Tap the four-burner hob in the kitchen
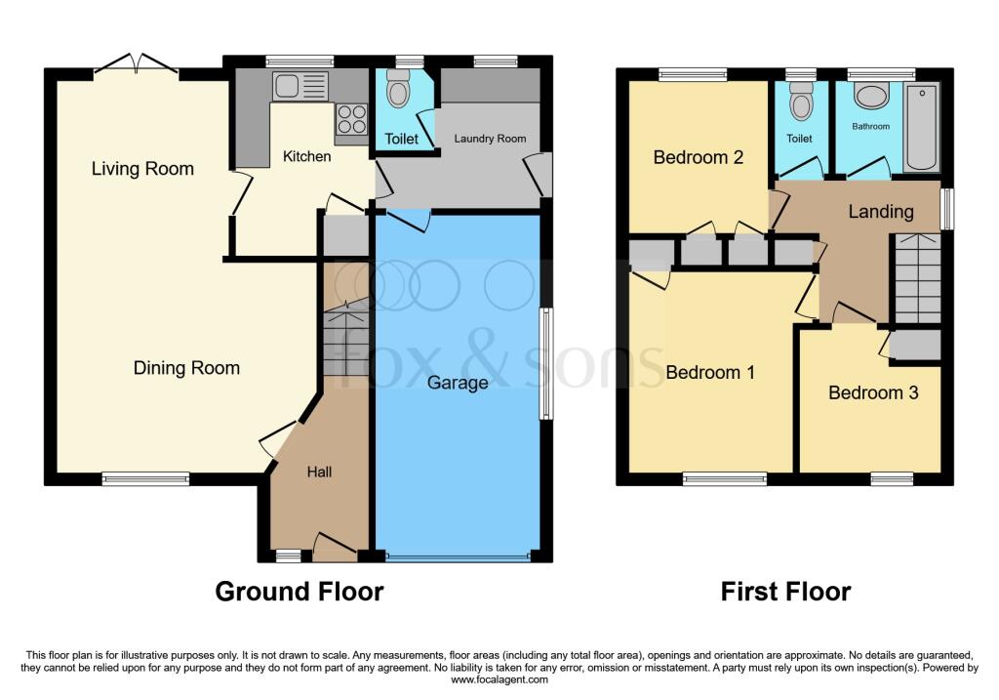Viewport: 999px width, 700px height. (351, 119)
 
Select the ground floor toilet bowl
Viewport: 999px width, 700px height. (398, 90)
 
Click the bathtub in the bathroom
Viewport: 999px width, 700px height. (920, 128)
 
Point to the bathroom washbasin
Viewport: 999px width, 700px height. (870, 96)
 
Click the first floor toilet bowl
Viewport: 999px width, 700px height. (800, 101)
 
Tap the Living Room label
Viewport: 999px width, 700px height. (142, 169)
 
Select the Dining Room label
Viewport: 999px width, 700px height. (186, 368)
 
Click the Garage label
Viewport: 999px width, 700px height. (458, 383)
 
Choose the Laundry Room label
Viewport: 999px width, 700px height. (490, 139)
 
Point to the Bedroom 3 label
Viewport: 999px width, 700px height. (873, 392)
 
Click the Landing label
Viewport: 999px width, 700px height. (881, 211)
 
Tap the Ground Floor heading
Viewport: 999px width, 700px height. (299, 592)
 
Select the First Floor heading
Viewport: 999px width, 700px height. (785, 592)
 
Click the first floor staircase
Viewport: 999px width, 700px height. (917, 278)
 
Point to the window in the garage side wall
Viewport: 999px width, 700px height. (546, 364)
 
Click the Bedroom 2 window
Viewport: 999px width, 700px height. (692, 73)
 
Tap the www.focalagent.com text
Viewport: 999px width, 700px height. (499, 680)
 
